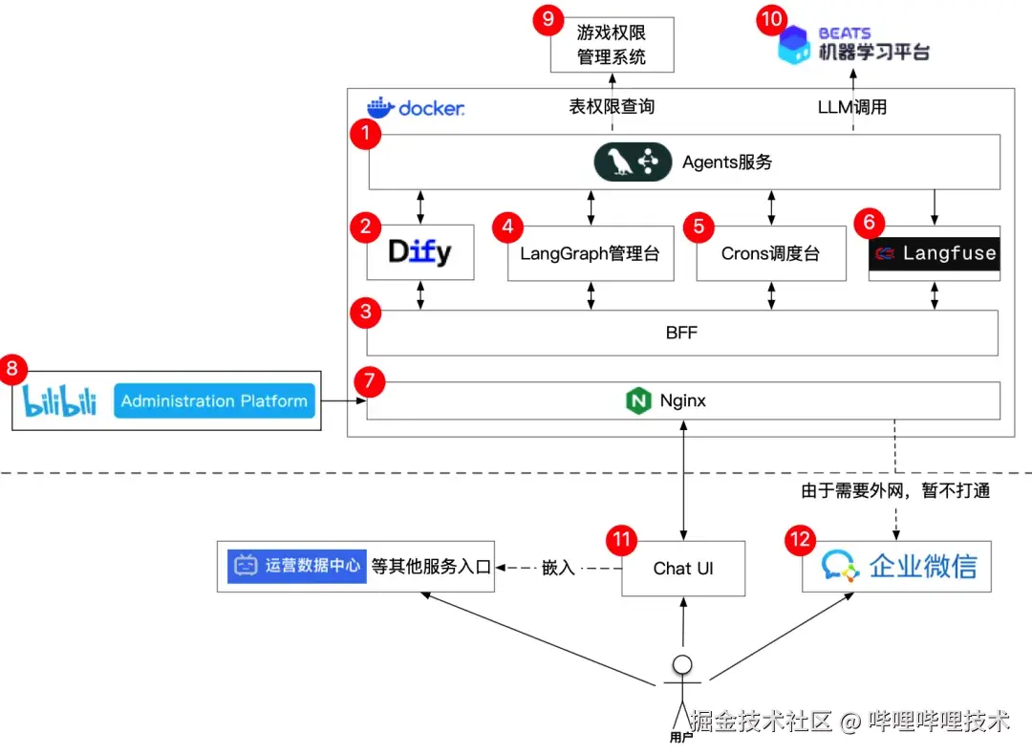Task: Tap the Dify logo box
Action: click(420, 252)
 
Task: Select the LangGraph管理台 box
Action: click(590, 254)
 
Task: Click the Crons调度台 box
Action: click(770, 254)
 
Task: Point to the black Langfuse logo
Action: click(935, 254)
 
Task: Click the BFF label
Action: click(681, 333)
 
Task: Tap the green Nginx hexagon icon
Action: click(638, 401)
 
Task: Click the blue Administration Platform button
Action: click(215, 401)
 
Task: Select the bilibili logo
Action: click(60, 401)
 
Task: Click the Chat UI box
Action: click(683, 568)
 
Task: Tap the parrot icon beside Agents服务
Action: click(622, 162)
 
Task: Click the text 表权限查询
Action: click(612, 106)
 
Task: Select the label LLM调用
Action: click(852, 106)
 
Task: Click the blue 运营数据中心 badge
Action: click(297, 565)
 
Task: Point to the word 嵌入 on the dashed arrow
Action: click(558, 568)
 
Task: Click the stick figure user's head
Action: click(682, 665)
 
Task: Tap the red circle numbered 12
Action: click(799, 540)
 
